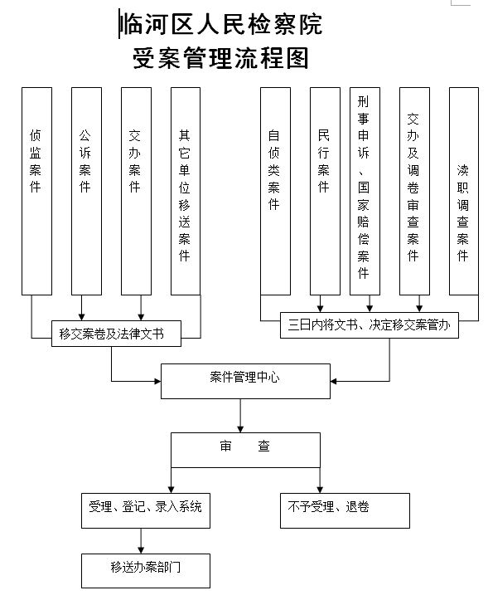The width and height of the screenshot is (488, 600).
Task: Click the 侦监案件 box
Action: point(36,192)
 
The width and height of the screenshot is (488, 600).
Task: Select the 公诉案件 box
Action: point(86,192)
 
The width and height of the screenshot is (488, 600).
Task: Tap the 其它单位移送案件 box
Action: point(186,192)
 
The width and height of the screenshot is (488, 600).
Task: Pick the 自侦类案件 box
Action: point(275,192)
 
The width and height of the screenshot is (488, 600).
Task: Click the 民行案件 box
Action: point(325,192)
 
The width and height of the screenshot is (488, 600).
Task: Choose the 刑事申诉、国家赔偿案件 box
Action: point(365,192)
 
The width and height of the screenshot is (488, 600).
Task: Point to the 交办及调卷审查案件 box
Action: point(414,192)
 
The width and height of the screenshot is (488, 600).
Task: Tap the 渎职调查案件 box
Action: point(463,192)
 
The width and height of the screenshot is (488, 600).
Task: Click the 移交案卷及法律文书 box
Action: point(116,334)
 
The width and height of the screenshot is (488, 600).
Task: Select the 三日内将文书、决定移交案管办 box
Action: point(370,325)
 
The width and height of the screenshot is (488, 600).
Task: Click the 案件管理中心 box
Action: point(245,381)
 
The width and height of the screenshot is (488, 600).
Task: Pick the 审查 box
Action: point(245,450)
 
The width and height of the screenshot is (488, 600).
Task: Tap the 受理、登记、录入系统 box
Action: point(146,510)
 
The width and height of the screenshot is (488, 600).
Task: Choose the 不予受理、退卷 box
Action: point(345,510)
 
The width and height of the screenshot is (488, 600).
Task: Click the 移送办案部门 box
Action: point(146,570)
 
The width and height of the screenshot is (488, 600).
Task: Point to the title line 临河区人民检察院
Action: point(221,24)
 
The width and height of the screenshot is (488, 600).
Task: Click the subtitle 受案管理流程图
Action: point(221,58)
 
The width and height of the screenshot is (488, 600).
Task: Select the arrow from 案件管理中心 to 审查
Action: point(240,416)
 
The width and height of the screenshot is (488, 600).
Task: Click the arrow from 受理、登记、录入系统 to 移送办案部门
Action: point(141,541)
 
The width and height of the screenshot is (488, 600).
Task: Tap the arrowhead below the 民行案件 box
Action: point(321,309)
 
